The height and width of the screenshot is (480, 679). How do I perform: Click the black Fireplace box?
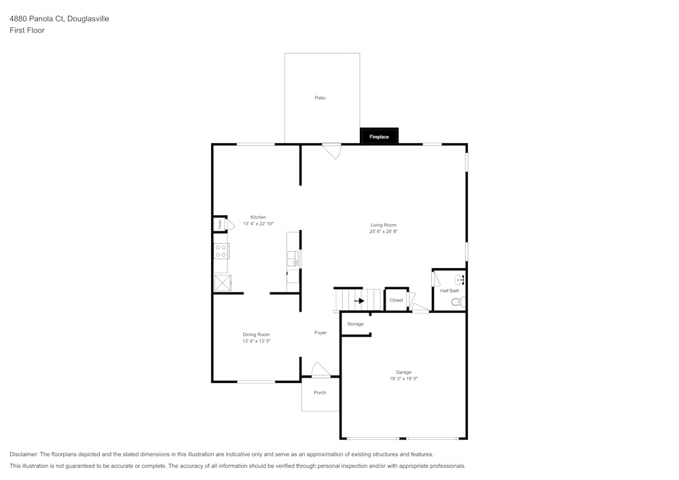(379, 136)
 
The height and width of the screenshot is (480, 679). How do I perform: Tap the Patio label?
(320, 98)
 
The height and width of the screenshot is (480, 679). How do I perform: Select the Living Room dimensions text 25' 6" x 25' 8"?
(383, 232)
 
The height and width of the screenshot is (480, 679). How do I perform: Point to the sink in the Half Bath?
(459, 279)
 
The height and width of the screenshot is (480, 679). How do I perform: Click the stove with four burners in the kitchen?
(221, 251)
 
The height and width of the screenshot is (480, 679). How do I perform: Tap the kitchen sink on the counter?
(293, 259)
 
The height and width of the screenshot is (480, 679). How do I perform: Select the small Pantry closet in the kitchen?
(220, 224)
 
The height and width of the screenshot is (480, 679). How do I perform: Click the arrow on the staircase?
(359, 300)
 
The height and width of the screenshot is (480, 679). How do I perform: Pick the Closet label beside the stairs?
(396, 300)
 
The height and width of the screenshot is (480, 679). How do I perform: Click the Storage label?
(355, 324)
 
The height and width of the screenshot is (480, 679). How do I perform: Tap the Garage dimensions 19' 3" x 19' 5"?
(403, 379)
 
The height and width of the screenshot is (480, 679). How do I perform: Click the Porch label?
(320, 392)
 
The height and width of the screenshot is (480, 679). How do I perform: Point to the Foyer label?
(320, 333)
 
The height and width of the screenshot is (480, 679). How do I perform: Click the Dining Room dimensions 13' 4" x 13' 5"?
(256, 341)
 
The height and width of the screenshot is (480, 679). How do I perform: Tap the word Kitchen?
(258, 217)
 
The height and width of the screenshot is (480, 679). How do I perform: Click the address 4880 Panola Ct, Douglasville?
(59, 19)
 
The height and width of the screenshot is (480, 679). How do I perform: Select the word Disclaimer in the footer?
(24, 454)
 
